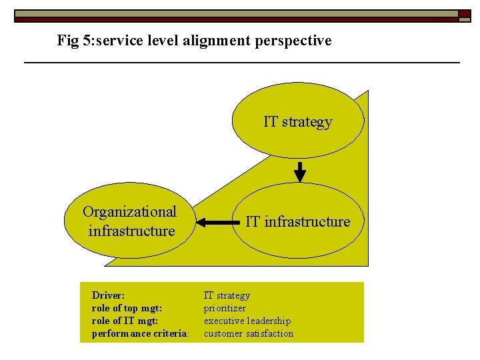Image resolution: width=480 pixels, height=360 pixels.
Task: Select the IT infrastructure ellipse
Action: [x=298, y=221]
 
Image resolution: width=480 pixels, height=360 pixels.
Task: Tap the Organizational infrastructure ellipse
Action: [x=130, y=221]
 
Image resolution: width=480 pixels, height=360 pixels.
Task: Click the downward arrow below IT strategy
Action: [x=300, y=171]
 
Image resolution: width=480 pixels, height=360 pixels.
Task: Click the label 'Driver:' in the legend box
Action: [x=108, y=295]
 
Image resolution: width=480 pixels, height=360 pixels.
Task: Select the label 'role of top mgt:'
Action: [x=127, y=308]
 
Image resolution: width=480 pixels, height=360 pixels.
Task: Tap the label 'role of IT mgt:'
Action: [x=125, y=321]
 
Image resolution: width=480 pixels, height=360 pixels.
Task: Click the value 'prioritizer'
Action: [x=225, y=308]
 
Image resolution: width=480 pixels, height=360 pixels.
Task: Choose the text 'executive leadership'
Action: [x=247, y=321]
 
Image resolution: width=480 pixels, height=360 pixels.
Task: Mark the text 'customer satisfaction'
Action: [x=249, y=333]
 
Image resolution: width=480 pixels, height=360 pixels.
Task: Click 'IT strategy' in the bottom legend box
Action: [x=227, y=295]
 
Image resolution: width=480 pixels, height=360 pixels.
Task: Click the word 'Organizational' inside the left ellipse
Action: [x=130, y=212]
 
